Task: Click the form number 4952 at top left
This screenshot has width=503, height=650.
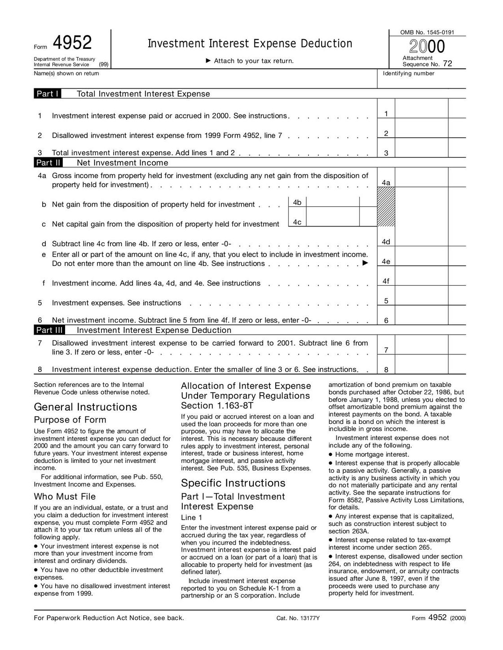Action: pyautogui.click(x=72, y=43)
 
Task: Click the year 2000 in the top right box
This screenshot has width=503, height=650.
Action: pyautogui.click(x=427, y=47)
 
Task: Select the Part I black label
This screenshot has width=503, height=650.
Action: pyautogui.click(x=48, y=94)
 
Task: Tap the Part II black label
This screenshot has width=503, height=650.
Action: pyautogui.click(x=49, y=163)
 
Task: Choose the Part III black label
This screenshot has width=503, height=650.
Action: pyautogui.click(x=50, y=330)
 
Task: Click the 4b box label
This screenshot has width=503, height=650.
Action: pyautogui.click(x=297, y=202)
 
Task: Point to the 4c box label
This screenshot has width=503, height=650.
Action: pyautogui.click(x=297, y=222)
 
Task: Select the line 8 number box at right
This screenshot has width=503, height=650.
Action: pyautogui.click(x=386, y=370)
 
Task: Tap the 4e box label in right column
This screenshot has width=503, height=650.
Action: pyautogui.click(x=386, y=262)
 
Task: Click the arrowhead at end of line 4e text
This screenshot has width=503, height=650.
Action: pyautogui.click(x=365, y=263)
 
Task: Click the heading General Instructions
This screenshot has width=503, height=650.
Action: pyautogui.click(x=85, y=407)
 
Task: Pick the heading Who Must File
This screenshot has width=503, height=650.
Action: pyautogui.click(x=65, y=497)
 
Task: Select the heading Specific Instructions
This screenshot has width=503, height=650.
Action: pyautogui.click(x=233, y=483)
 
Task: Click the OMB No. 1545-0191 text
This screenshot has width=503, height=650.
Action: pyautogui.click(x=427, y=32)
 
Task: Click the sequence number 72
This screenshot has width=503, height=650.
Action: pyautogui.click(x=447, y=64)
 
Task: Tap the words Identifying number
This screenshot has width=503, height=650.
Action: pyautogui.click(x=408, y=74)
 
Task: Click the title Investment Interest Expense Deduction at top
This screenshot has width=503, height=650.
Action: pyautogui.click(x=250, y=44)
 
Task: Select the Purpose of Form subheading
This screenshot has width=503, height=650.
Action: pyautogui.click(x=70, y=420)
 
